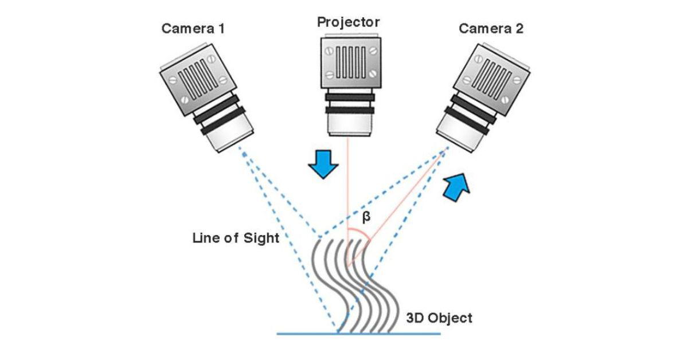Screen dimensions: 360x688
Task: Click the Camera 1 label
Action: (193, 29)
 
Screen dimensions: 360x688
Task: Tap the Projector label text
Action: (348, 22)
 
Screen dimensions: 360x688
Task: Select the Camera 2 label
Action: (491, 29)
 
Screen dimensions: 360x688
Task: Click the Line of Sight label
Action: (236, 238)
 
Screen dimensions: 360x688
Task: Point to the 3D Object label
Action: (439, 318)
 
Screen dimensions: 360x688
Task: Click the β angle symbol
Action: (367, 217)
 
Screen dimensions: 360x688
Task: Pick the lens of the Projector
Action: (348, 124)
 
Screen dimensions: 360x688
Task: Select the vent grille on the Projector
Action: (349, 60)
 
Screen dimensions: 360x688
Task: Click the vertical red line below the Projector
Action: (348, 183)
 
